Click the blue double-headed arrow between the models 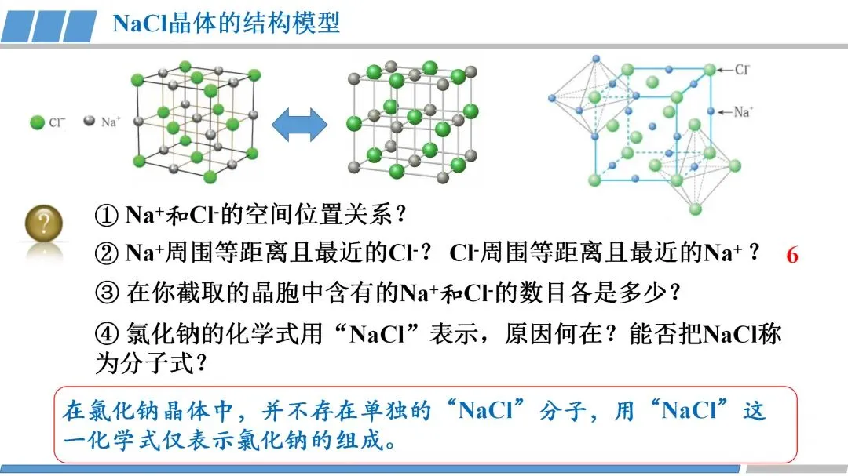[x=299, y=125]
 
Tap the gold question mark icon [x=44, y=223]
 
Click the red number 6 [x=792, y=255]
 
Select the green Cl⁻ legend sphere [x=37, y=122]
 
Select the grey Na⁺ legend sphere [x=90, y=121]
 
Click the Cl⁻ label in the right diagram [x=742, y=69]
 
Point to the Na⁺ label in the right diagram [x=743, y=112]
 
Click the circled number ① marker [x=107, y=215]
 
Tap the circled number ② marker [x=107, y=253]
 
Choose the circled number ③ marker [x=107, y=293]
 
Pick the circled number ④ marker [x=107, y=334]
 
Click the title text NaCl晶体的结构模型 [x=226, y=24]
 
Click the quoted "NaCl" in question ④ [x=378, y=334]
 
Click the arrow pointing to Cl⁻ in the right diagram [x=725, y=70]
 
